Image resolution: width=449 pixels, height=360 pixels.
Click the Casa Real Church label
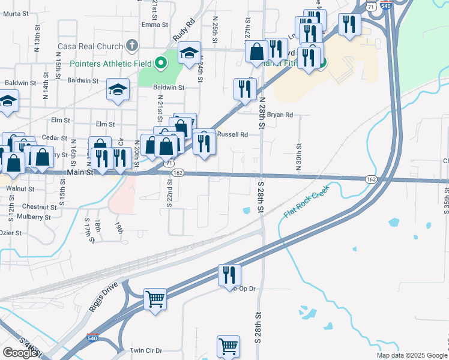coord(90,46)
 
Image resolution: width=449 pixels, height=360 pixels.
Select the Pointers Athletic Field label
coord(110,63)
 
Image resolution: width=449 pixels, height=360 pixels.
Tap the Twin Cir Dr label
coord(146,350)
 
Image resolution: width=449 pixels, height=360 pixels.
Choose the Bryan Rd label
coord(280,115)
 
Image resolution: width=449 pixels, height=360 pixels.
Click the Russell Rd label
coord(232,135)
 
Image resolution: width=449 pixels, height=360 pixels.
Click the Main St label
coord(80,173)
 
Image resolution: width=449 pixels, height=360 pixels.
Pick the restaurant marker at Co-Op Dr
coord(229,275)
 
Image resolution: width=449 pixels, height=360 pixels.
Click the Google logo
coord(21,353)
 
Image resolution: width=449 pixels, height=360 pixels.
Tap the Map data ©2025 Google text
coord(412,355)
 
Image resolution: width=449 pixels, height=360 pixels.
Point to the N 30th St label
coord(298,156)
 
